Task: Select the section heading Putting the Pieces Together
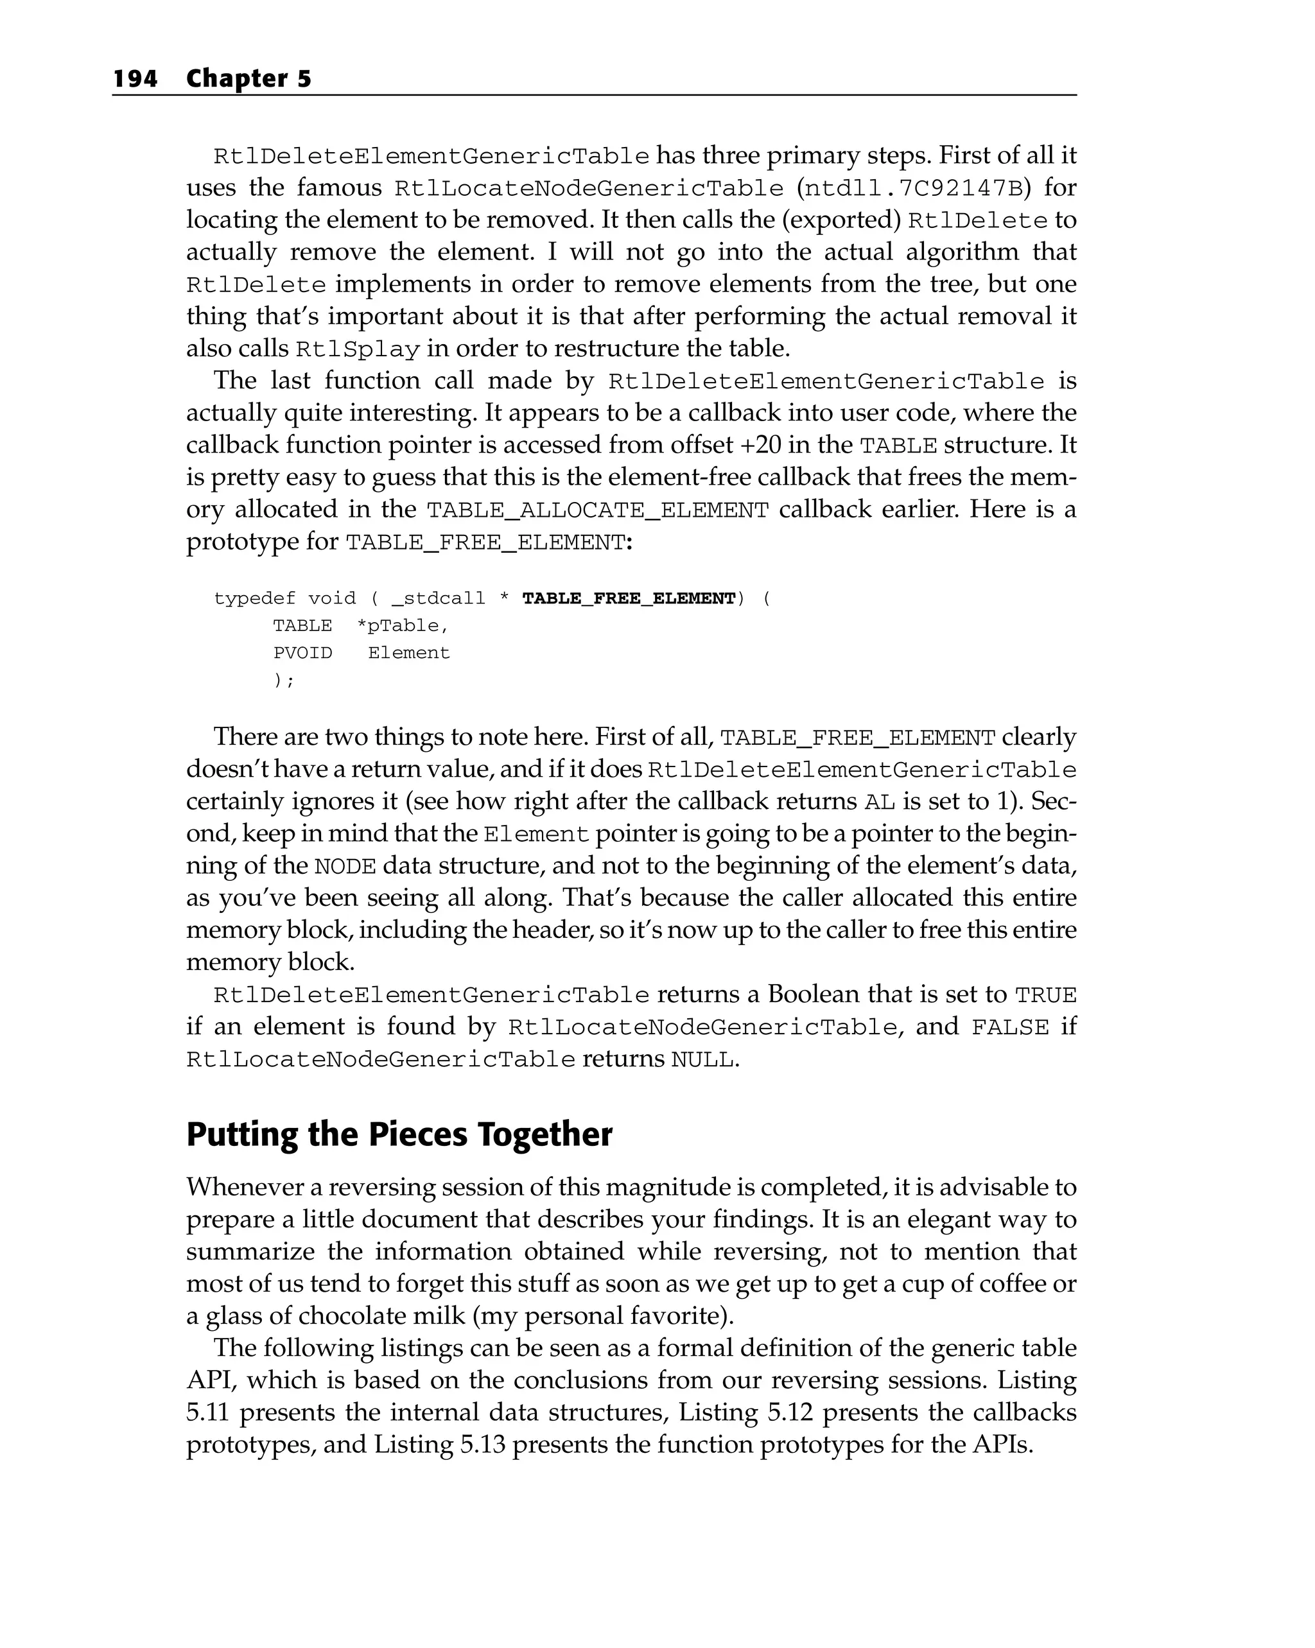[x=399, y=1134]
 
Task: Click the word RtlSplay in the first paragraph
[x=357, y=349]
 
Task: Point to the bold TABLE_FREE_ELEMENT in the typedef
[x=629, y=598]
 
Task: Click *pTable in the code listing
[x=403, y=626]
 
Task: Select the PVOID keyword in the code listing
[x=303, y=654]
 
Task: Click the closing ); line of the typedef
[x=284, y=681]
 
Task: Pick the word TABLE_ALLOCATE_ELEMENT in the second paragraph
[x=597, y=510]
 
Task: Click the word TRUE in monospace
[x=1045, y=995]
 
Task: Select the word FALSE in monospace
[x=1010, y=1027]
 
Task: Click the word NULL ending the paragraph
[x=702, y=1060]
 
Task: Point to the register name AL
[x=879, y=802]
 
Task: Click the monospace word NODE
[x=345, y=867]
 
